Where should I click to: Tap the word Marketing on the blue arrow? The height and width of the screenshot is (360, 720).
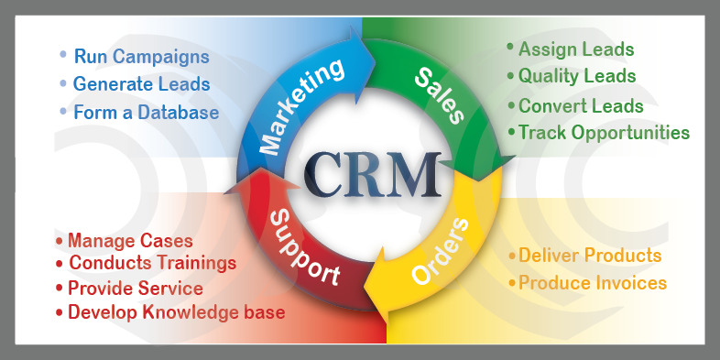pyautogui.click(x=301, y=106)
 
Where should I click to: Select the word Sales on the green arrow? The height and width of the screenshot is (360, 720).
pyautogui.click(x=439, y=95)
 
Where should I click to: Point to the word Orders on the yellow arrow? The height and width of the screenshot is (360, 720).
pyautogui.click(x=441, y=251)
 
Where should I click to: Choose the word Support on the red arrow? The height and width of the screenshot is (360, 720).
pyautogui.click(x=304, y=248)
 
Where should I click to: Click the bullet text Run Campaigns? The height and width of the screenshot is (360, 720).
pyautogui.click(x=141, y=57)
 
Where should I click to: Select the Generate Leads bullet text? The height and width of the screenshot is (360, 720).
pyautogui.click(x=141, y=84)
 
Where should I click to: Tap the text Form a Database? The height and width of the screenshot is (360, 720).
pyautogui.click(x=146, y=112)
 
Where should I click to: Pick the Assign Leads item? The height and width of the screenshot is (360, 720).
pyautogui.click(x=576, y=49)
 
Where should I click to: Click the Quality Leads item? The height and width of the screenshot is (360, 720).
pyautogui.click(x=577, y=76)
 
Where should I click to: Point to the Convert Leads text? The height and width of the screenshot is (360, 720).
pyautogui.click(x=581, y=106)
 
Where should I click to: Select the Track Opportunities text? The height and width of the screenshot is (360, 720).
pyautogui.click(x=605, y=133)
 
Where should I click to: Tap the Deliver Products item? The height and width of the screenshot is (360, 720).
pyautogui.click(x=590, y=256)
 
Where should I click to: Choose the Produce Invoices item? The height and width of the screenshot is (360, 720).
pyautogui.click(x=593, y=283)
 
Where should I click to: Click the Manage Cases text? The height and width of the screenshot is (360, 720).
pyautogui.click(x=130, y=241)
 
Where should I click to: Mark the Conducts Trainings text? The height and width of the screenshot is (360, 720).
pyautogui.click(x=153, y=263)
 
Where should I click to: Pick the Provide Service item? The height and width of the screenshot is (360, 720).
pyautogui.click(x=136, y=289)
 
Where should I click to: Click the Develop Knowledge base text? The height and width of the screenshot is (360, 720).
pyautogui.click(x=176, y=312)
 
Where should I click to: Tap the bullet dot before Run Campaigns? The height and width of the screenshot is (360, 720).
pyautogui.click(x=63, y=55)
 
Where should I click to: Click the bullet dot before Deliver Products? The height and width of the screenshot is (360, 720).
pyautogui.click(x=512, y=255)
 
